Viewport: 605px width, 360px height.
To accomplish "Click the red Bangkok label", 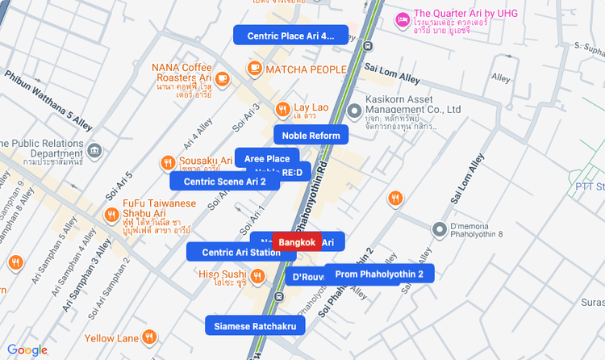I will point(297,242).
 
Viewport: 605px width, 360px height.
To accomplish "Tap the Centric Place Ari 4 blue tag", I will point(290,36).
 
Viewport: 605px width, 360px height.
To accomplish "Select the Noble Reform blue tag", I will point(311,135).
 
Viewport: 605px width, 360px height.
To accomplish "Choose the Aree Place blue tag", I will point(267,158).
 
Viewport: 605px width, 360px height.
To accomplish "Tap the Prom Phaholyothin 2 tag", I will point(379,274).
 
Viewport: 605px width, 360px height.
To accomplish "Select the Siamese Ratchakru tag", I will point(256,326).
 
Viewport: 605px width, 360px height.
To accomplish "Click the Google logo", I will point(27,350).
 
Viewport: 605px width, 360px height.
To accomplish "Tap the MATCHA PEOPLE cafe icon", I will point(256,69).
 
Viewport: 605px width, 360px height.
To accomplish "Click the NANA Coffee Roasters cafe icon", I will point(223,78).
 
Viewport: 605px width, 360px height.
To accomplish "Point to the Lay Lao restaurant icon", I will point(283,108).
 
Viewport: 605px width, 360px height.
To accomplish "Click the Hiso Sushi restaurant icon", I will point(257,277).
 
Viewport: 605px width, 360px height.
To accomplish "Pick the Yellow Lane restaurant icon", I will point(149,337).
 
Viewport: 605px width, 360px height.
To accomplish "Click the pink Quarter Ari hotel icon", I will point(403,18).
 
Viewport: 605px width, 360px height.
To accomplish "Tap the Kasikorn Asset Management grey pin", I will point(353,111).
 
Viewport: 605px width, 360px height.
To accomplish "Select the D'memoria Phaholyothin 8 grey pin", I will point(440,229).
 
